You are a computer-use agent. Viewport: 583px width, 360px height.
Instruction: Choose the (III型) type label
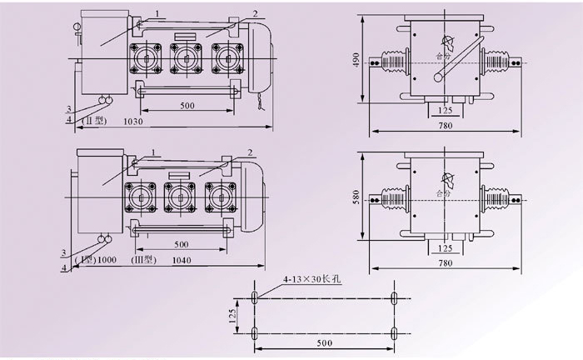[x=142, y=260]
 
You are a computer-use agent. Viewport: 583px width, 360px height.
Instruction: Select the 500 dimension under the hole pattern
[x=323, y=343]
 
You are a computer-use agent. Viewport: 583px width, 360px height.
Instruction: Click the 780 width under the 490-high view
[x=446, y=126]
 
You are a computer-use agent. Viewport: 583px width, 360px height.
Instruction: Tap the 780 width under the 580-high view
[x=446, y=262]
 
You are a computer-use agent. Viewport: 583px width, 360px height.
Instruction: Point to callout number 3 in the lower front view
[x=63, y=250]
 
